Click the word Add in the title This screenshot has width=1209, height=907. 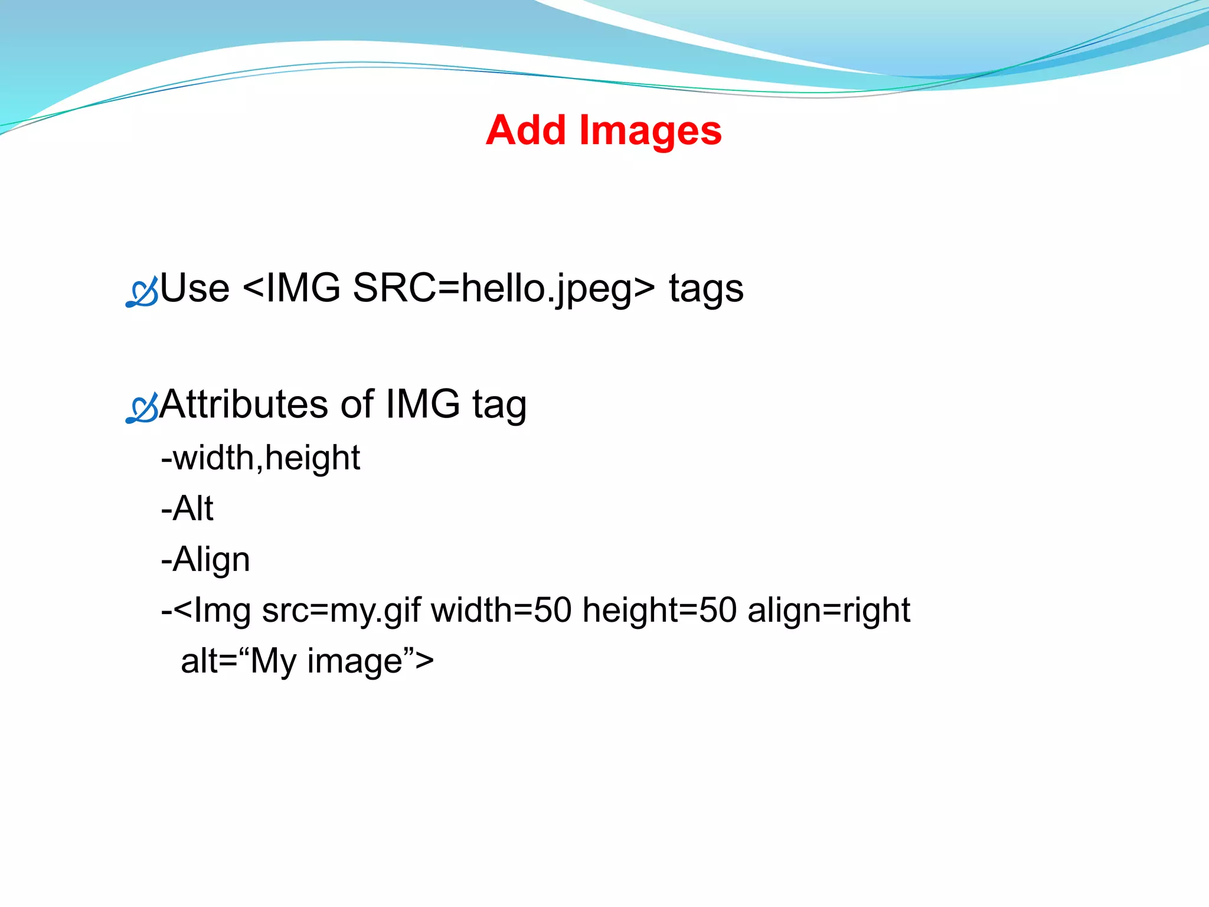(525, 130)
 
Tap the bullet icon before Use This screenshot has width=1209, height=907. (142, 291)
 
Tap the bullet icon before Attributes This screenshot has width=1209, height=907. (142, 407)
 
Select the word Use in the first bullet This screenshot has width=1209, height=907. (195, 288)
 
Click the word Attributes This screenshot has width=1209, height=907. (243, 404)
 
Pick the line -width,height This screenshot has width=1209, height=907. (260, 458)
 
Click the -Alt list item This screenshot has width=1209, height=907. (187, 508)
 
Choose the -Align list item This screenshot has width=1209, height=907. (205, 560)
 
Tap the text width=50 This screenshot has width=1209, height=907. (501, 609)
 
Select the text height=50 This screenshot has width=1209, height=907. (659, 609)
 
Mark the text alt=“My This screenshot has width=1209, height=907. (239, 661)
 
